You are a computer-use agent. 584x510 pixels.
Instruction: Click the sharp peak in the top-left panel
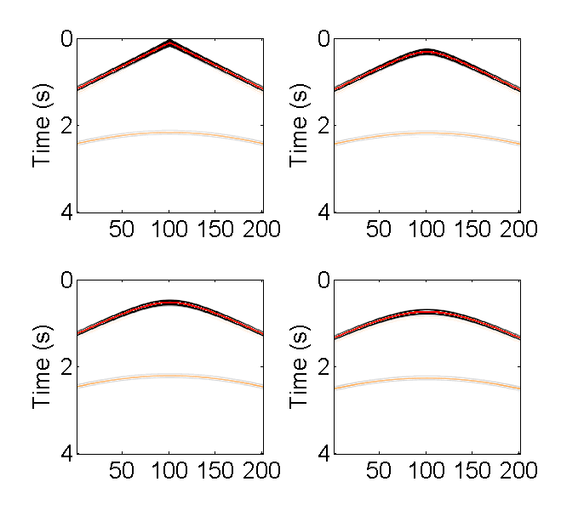(x=170, y=42)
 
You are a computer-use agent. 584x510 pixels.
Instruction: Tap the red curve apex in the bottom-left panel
(x=170, y=302)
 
